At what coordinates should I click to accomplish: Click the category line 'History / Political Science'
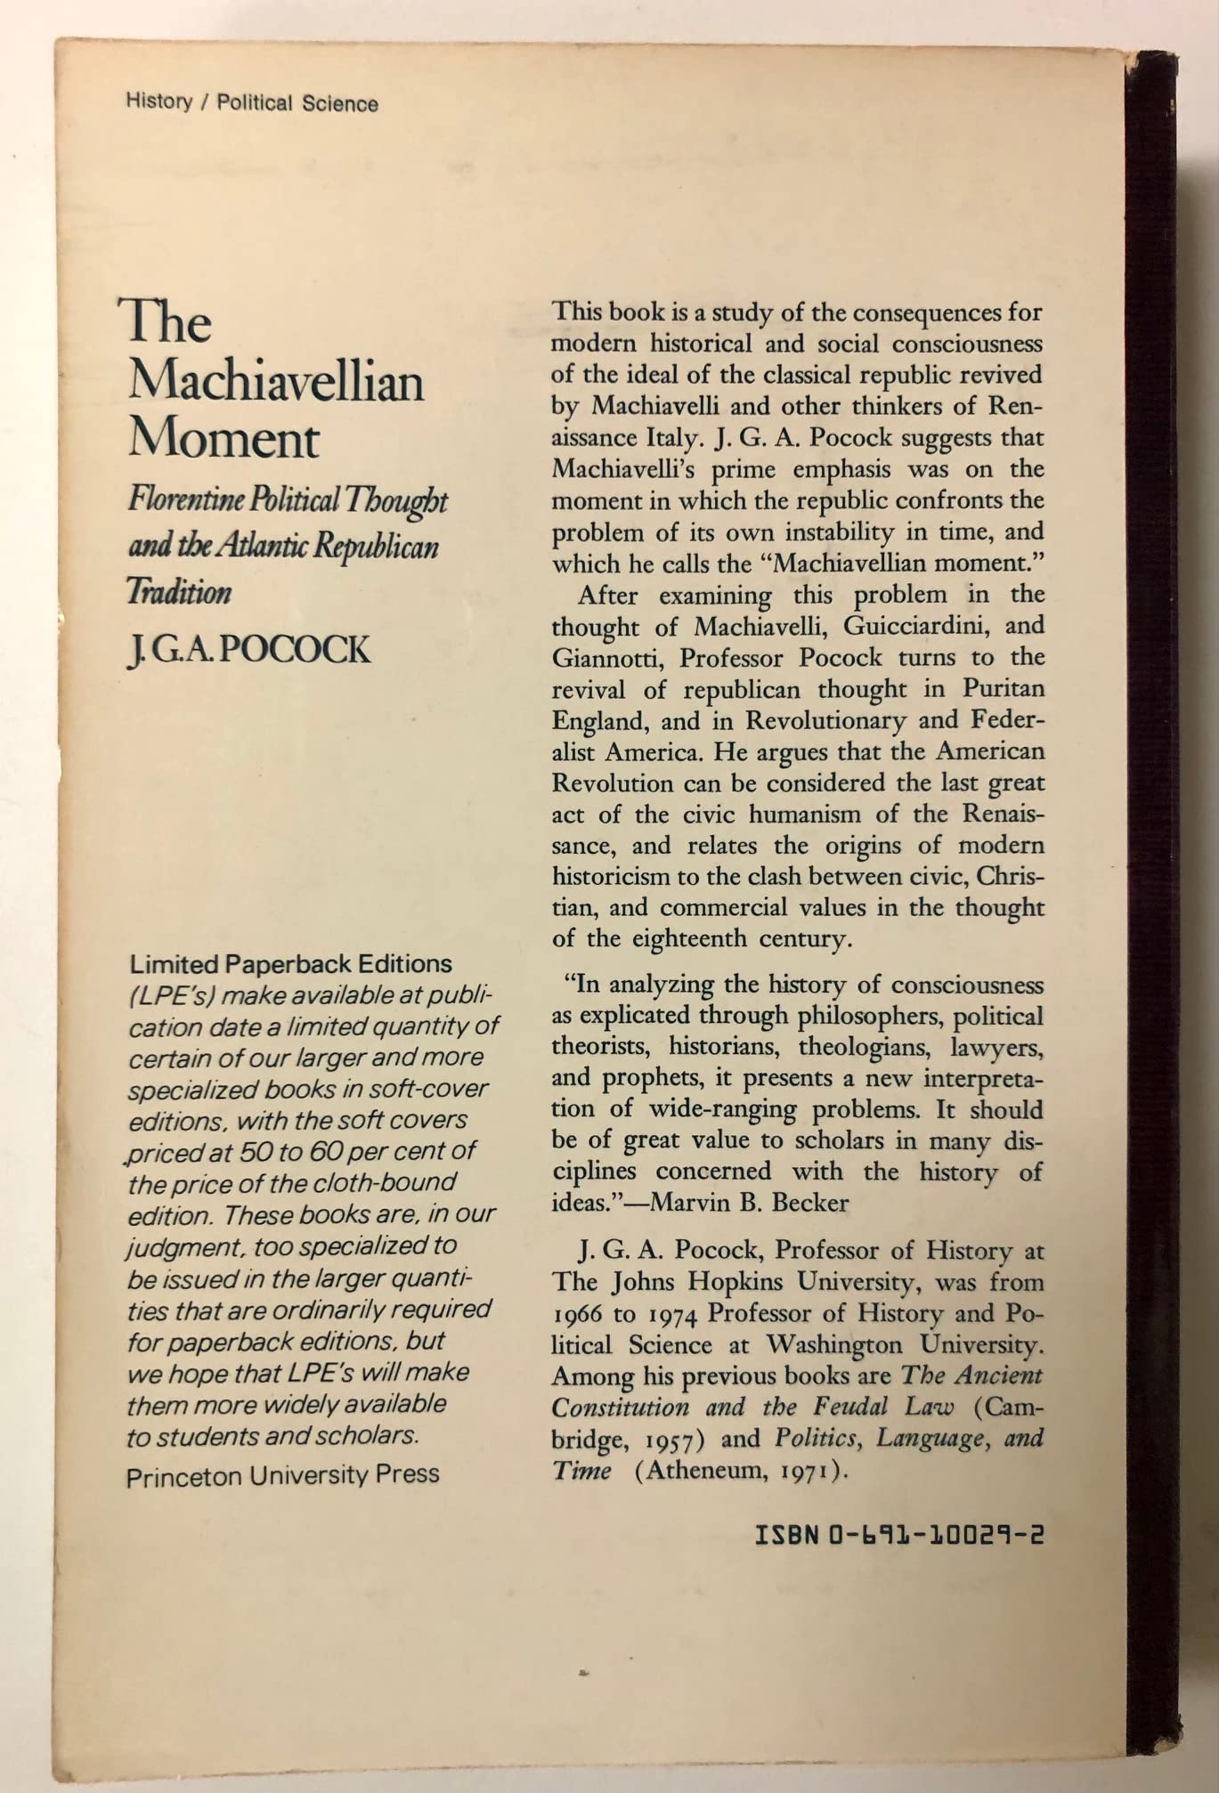pos(252,103)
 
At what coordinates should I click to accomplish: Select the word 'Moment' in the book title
pos(223,440)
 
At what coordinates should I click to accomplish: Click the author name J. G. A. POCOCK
pos(249,650)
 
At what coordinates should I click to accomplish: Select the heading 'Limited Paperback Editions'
pos(290,964)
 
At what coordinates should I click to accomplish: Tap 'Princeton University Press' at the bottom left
pos(283,1475)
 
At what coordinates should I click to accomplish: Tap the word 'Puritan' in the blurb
pos(1002,689)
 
